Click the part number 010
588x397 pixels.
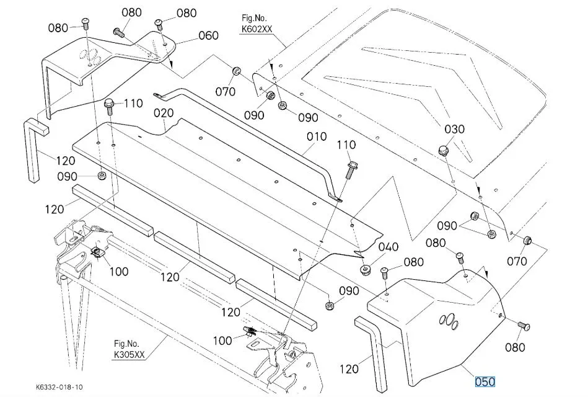[316, 136]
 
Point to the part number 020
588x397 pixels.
[164, 114]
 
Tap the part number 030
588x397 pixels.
[454, 129]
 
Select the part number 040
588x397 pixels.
[388, 248]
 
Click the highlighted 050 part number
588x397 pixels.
[485, 381]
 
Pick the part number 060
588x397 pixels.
[208, 35]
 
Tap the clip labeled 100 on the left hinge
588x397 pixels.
[97, 252]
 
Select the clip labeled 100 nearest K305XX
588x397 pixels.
[250, 332]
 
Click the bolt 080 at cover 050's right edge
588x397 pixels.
[522, 324]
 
